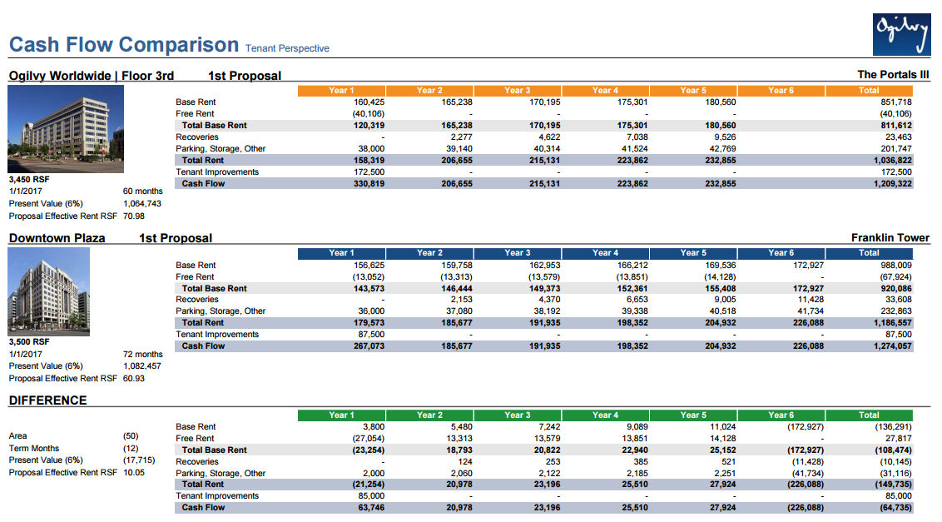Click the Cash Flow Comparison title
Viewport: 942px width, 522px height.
(x=123, y=44)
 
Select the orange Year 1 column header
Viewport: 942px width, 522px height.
(x=341, y=90)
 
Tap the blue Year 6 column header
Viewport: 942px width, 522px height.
(x=781, y=252)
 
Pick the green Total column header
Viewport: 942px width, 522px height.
(x=869, y=415)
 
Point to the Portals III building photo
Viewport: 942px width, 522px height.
(x=66, y=129)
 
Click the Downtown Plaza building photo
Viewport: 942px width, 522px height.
(x=48, y=291)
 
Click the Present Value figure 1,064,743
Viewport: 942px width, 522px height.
(x=142, y=203)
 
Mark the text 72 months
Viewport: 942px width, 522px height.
(x=143, y=354)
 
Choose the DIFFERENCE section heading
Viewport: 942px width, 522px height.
(x=47, y=400)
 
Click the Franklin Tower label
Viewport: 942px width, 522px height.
(x=890, y=238)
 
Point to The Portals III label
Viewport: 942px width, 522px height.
(x=893, y=75)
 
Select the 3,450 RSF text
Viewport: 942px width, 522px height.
(x=29, y=179)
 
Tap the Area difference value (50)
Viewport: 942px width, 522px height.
(x=131, y=435)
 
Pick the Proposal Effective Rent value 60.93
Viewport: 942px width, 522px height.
(x=134, y=378)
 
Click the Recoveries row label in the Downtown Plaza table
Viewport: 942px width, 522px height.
(x=197, y=299)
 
